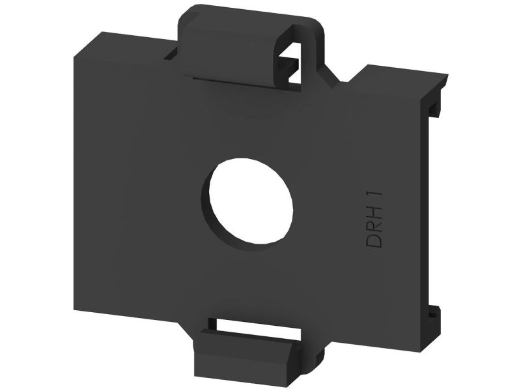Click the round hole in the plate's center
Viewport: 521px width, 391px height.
[x=251, y=205]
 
